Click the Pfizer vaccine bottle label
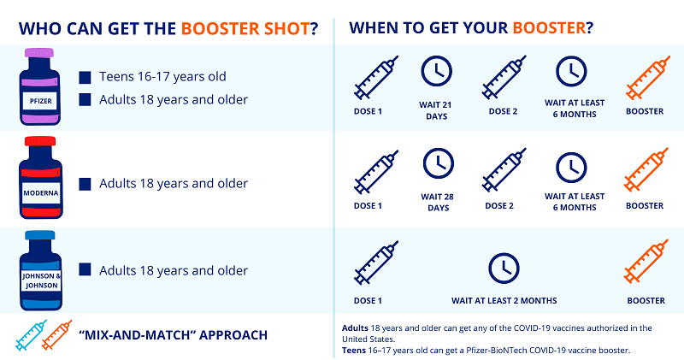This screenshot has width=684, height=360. [x=40, y=101]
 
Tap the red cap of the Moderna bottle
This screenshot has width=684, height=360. [x=40, y=141]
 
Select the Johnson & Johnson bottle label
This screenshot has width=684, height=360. [x=41, y=280]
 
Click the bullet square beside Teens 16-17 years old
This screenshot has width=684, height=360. [x=85, y=77]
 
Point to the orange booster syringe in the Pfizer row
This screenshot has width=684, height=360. [x=648, y=78]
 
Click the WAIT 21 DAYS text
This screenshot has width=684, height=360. [x=436, y=110]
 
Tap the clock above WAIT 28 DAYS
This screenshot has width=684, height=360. [x=439, y=163]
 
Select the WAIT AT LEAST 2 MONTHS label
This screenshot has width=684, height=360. [x=504, y=301]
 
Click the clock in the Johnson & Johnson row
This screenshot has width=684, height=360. [x=504, y=268]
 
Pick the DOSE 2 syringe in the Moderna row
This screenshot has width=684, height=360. [x=504, y=170]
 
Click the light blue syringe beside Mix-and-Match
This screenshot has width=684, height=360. [x=31, y=335]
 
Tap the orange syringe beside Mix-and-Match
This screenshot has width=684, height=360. [x=56, y=335]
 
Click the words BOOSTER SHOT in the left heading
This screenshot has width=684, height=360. [x=245, y=29]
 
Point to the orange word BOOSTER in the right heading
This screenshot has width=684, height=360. [x=549, y=28]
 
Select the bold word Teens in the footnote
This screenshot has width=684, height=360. [x=354, y=350]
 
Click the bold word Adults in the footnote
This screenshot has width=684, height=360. [x=355, y=328]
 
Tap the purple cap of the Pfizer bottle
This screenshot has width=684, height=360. [x=39, y=53]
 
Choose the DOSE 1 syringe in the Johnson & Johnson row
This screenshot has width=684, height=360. [x=376, y=263]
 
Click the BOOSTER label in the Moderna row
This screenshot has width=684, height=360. [x=645, y=205]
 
